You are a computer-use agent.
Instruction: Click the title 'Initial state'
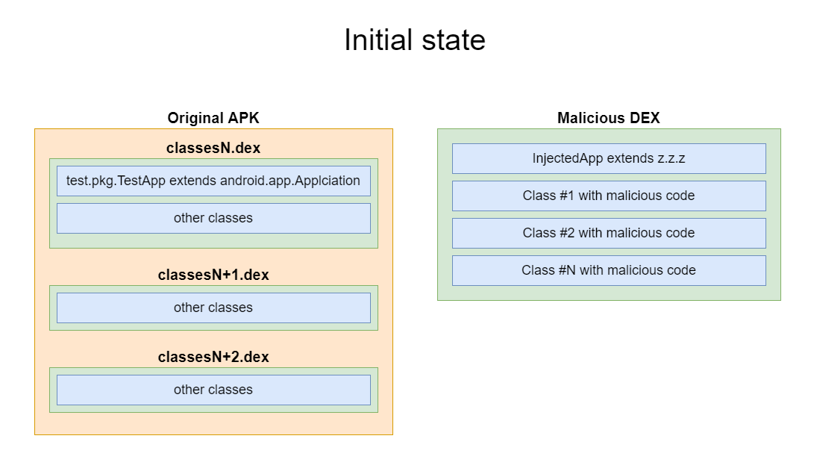click(x=415, y=40)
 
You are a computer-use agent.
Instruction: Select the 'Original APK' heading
click(x=213, y=118)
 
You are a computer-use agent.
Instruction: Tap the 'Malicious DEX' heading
click(x=608, y=118)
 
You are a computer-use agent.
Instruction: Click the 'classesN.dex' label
click(x=213, y=148)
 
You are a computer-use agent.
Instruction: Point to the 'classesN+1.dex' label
click(x=213, y=275)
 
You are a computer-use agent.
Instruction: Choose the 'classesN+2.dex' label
click(x=213, y=358)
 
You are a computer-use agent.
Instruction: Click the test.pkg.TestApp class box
click(x=213, y=181)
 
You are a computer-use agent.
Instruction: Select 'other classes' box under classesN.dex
click(x=213, y=218)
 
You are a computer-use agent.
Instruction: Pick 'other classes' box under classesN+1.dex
click(x=213, y=308)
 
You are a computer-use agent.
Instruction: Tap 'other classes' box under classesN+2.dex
click(x=213, y=390)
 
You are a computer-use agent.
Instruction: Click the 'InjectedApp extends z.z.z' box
click(x=609, y=158)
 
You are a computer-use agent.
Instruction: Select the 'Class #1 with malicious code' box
click(x=609, y=196)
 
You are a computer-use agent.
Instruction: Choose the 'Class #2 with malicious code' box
click(x=609, y=233)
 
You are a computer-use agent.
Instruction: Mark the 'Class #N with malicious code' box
click(x=609, y=270)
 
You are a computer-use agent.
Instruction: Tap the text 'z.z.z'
click(x=671, y=158)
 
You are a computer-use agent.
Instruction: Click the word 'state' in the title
click(x=454, y=40)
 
